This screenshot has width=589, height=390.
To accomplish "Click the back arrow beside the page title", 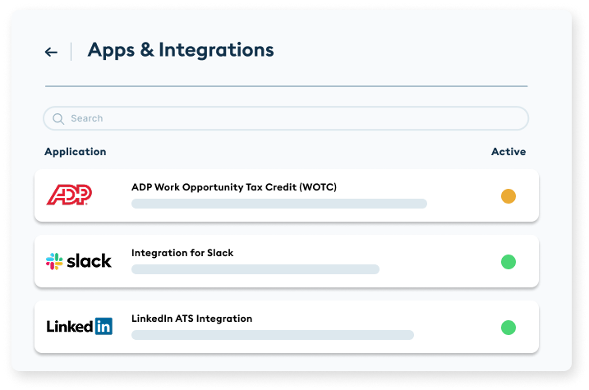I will click(51, 52).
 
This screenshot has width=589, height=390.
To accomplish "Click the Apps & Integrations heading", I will click(181, 50).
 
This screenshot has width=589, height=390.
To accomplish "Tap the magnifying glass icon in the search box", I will click(58, 118).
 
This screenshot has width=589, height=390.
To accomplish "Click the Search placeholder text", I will click(86, 118).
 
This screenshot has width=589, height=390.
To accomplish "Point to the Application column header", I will click(75, 152).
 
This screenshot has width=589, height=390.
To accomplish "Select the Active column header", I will click(508, 152).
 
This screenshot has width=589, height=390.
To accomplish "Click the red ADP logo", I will click(69, 195).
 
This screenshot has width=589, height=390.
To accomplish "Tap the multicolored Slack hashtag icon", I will click(54, 261).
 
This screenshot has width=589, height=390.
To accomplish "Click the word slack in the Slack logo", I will click(89, 261).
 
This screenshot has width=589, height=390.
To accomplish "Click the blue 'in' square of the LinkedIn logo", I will click(104, 327).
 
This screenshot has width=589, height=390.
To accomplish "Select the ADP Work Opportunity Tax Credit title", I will click(233, 187).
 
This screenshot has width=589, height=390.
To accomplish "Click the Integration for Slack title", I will click(182, 253).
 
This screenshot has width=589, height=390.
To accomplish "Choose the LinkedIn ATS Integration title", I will click(191, 319).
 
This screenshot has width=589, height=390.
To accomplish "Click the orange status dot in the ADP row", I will click(508, 196).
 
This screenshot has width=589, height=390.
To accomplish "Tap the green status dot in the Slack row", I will click(508, 262).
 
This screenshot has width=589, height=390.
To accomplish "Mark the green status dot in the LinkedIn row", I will click(508, 328).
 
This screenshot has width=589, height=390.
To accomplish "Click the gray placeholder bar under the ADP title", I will click(278, 204).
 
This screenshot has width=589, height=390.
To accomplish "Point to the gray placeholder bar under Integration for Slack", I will click(255, 269).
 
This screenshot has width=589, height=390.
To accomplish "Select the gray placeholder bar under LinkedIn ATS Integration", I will click(272, 335).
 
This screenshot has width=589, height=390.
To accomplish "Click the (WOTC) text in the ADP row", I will click(319, 187).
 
